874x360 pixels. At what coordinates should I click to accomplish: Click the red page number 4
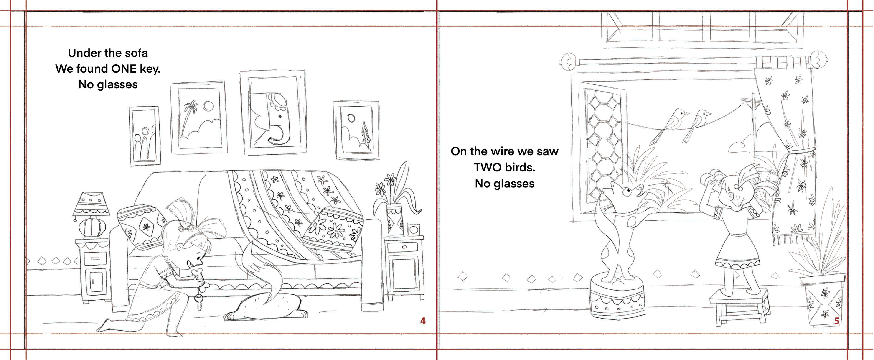(423, 321)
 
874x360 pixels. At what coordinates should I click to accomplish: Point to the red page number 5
(837, 321)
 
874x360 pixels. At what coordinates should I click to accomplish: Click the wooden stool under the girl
(739, 306)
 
